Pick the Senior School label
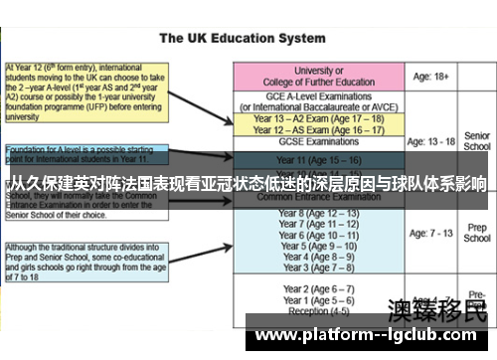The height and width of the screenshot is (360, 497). [x=477, y=141]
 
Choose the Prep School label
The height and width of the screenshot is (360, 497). [x=477, y=234]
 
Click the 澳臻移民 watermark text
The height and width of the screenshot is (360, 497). [x=436, y=309]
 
